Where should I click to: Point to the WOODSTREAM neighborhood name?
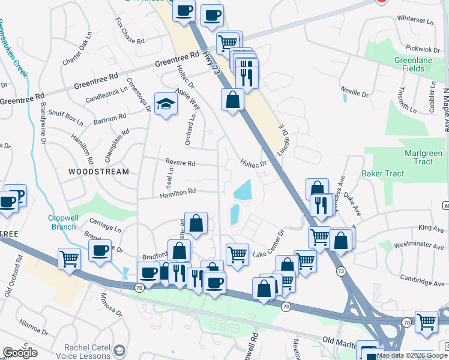[98, 172]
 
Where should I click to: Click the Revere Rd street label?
[181, 163]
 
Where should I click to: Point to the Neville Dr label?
[354, 93]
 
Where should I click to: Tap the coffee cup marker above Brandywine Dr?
[100, 251]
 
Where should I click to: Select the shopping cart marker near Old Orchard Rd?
[70, 259]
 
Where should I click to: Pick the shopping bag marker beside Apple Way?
[232, 100]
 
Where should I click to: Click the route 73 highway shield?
[342, 271]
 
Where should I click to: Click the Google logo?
[20, 353]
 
